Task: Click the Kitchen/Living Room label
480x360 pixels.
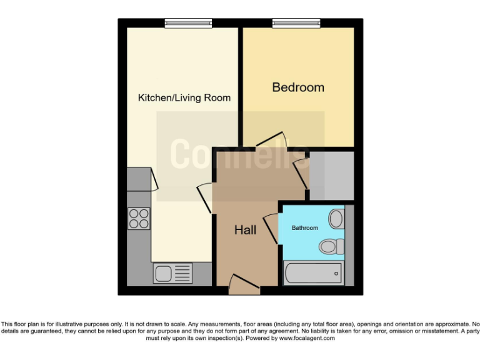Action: tap(184, 97)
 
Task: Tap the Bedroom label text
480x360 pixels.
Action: tap(298, 87)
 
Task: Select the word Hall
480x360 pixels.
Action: tap(245, 230)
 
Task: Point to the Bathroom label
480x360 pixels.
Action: tap(305, 228)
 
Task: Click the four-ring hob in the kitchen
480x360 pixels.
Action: tap(139, 219)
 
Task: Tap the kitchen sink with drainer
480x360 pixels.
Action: tap(173, 273)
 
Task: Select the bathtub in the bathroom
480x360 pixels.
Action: tap(313, 273)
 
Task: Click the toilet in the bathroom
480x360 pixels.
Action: tap(331, 246)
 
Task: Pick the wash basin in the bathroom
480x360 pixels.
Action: tap(336, 219)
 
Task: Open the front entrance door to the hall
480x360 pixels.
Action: tap(244, 285)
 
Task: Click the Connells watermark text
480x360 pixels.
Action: tap(240, 154)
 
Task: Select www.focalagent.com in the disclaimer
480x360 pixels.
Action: tap(306, 338)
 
